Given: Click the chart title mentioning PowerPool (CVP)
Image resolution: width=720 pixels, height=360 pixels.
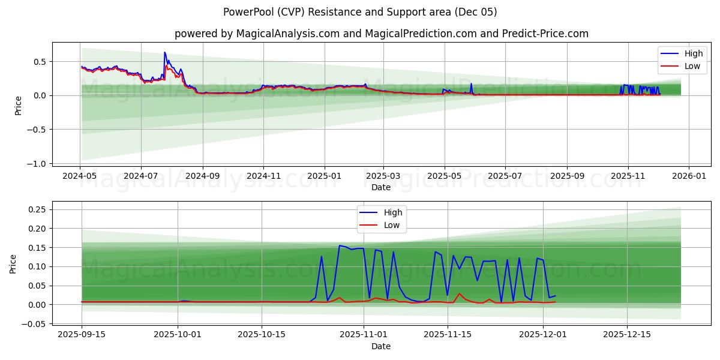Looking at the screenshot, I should pos(360,12).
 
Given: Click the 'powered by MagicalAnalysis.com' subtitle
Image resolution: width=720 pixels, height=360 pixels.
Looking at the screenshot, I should pos(381,34).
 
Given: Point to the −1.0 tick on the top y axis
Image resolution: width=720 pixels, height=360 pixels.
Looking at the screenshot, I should pos(37,164).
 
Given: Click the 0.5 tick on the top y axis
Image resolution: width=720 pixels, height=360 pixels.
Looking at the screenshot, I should pos(40,61).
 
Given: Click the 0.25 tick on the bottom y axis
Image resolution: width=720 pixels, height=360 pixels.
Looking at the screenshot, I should pos(37,209).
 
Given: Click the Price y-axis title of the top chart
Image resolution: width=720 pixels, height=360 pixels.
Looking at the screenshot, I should pos(19,104).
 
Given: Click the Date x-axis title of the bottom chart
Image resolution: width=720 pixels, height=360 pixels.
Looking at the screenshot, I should pos(381,346).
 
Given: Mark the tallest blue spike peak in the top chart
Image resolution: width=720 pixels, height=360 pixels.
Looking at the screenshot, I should pos(164,52).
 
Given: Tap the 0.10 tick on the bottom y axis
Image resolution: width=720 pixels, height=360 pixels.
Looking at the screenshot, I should pos(37,266).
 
